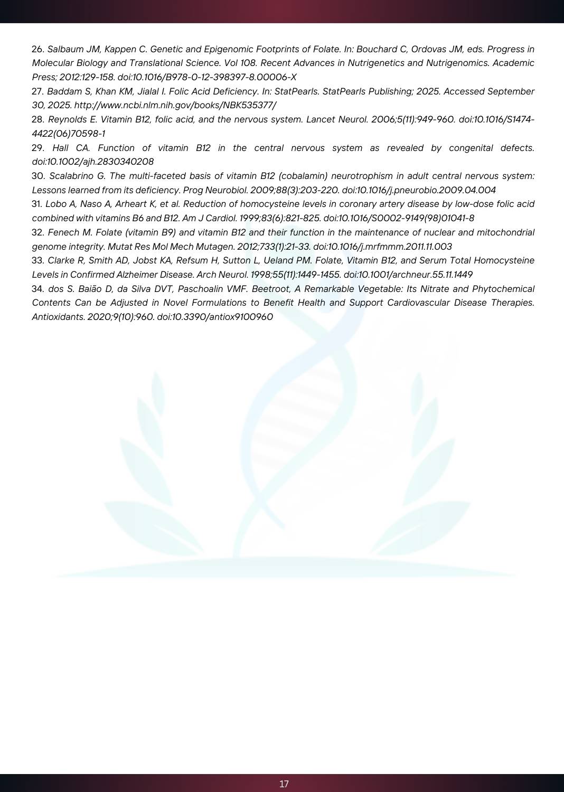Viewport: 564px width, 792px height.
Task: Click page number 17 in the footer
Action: tap(284, 784)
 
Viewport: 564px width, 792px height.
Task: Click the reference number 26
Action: tap(37, 49)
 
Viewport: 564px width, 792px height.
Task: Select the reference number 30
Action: tap(38, 176)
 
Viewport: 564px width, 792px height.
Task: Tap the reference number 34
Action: tap(38, 289)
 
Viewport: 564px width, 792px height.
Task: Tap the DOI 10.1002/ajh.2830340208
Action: tap(93, 162)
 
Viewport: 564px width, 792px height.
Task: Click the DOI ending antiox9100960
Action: tap(215, 317)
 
